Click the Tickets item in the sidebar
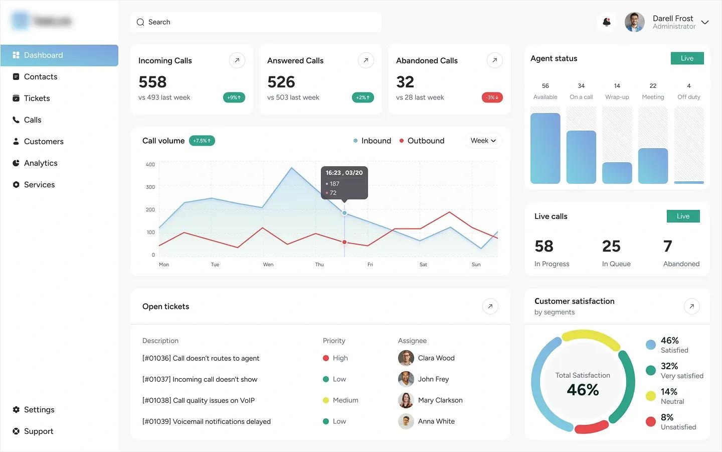(x=37, y=98)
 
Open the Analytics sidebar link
(x=40, y=163)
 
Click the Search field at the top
(x=256, y=22)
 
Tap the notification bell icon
(x=607, y=22)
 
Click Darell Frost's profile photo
(x=634, y=22)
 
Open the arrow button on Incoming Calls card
(x=237, y=60)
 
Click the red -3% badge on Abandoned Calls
(x=492, y=97)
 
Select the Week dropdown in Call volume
(x=483, y=141)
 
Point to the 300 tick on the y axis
(x=150, y=187)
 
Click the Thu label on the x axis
(x=319, y=265)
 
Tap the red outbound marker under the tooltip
(x=344, y=242)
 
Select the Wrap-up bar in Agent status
(x=617, y=173)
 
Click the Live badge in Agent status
(x=687, y=58)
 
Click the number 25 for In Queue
(x=611, y=246)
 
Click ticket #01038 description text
(x=199, y=400)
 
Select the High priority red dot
(x=326, y=358)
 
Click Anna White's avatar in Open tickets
(x=406, y=421)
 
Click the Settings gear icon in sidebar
(x=16, y=410)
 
